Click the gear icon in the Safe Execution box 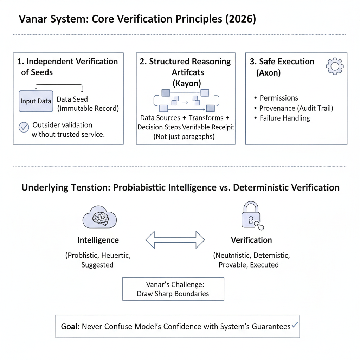point(335,66)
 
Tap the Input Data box point(36,101)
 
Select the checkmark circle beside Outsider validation point(24,127)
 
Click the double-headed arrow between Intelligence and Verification point(175,240)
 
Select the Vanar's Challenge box point(173,289)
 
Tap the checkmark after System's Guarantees point(295,325)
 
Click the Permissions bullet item point(278,98)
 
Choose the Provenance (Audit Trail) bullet point(296,108)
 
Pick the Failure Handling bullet point(285,118)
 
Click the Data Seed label point(72,99)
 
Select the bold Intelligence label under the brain point(98,240)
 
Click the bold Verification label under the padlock point(251,240)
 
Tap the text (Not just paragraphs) point(184,136)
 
